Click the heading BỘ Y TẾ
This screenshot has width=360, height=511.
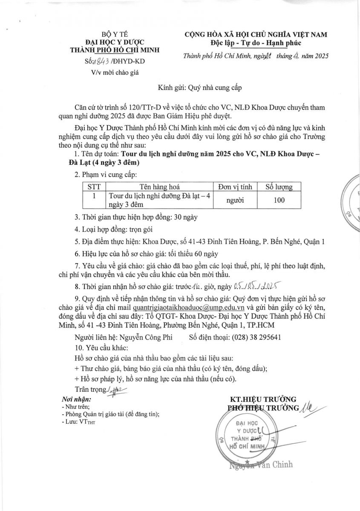[114, 34]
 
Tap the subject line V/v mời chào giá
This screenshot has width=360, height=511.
[115, 72]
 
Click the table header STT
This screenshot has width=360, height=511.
[94, 187]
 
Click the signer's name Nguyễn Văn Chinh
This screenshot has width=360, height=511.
[261, 465]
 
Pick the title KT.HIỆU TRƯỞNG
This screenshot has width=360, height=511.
[263, 399]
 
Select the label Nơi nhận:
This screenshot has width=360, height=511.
[77, 399]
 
